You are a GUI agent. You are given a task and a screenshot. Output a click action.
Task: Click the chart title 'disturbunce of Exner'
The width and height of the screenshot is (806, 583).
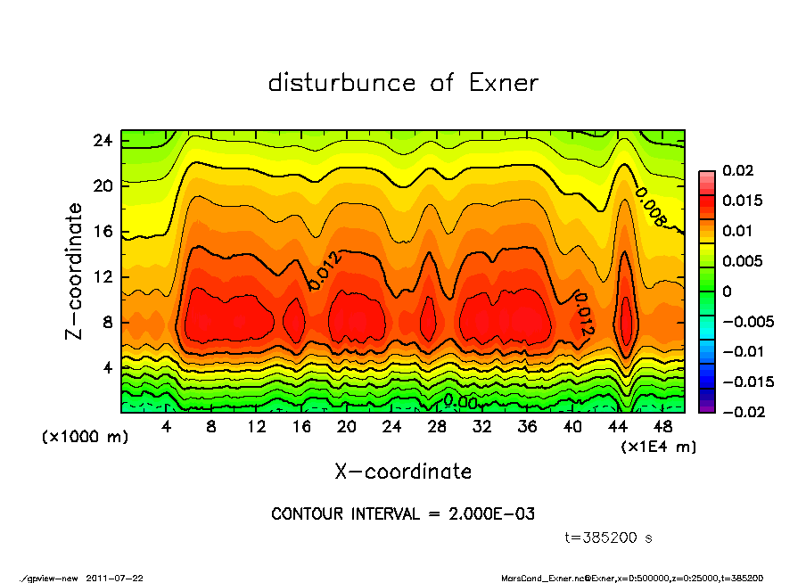[x=403, y=83]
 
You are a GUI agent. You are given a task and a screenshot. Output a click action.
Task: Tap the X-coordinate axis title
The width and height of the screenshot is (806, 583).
[x=403, y=471]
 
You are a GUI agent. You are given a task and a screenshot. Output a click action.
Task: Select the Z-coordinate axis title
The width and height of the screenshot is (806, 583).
[x=74, y=271]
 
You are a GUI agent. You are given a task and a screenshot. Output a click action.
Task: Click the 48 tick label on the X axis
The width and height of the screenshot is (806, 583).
[x=663, y=427]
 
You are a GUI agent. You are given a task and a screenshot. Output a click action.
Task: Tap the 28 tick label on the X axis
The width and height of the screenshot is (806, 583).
[x=437, y=427]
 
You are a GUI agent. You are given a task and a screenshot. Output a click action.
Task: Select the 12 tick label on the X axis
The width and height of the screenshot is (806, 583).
[x=257, y=427]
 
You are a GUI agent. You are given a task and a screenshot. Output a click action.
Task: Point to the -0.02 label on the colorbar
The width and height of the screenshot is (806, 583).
[x=742, y=412]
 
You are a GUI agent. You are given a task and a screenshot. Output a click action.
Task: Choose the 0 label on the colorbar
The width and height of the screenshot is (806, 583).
[x=727, y=291]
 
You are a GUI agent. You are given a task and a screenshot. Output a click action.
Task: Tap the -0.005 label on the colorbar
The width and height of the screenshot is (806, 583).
[x=746, y=322]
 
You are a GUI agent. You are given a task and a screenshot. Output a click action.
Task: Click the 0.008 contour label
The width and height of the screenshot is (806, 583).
[x=652, y=208]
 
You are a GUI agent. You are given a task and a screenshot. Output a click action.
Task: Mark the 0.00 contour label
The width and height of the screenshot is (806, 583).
[x=461, y=402]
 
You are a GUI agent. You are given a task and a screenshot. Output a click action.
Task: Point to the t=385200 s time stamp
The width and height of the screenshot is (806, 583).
[x=610, y=538]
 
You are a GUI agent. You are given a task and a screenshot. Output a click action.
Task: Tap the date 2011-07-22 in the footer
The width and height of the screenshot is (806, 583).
[x=115, y=578]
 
